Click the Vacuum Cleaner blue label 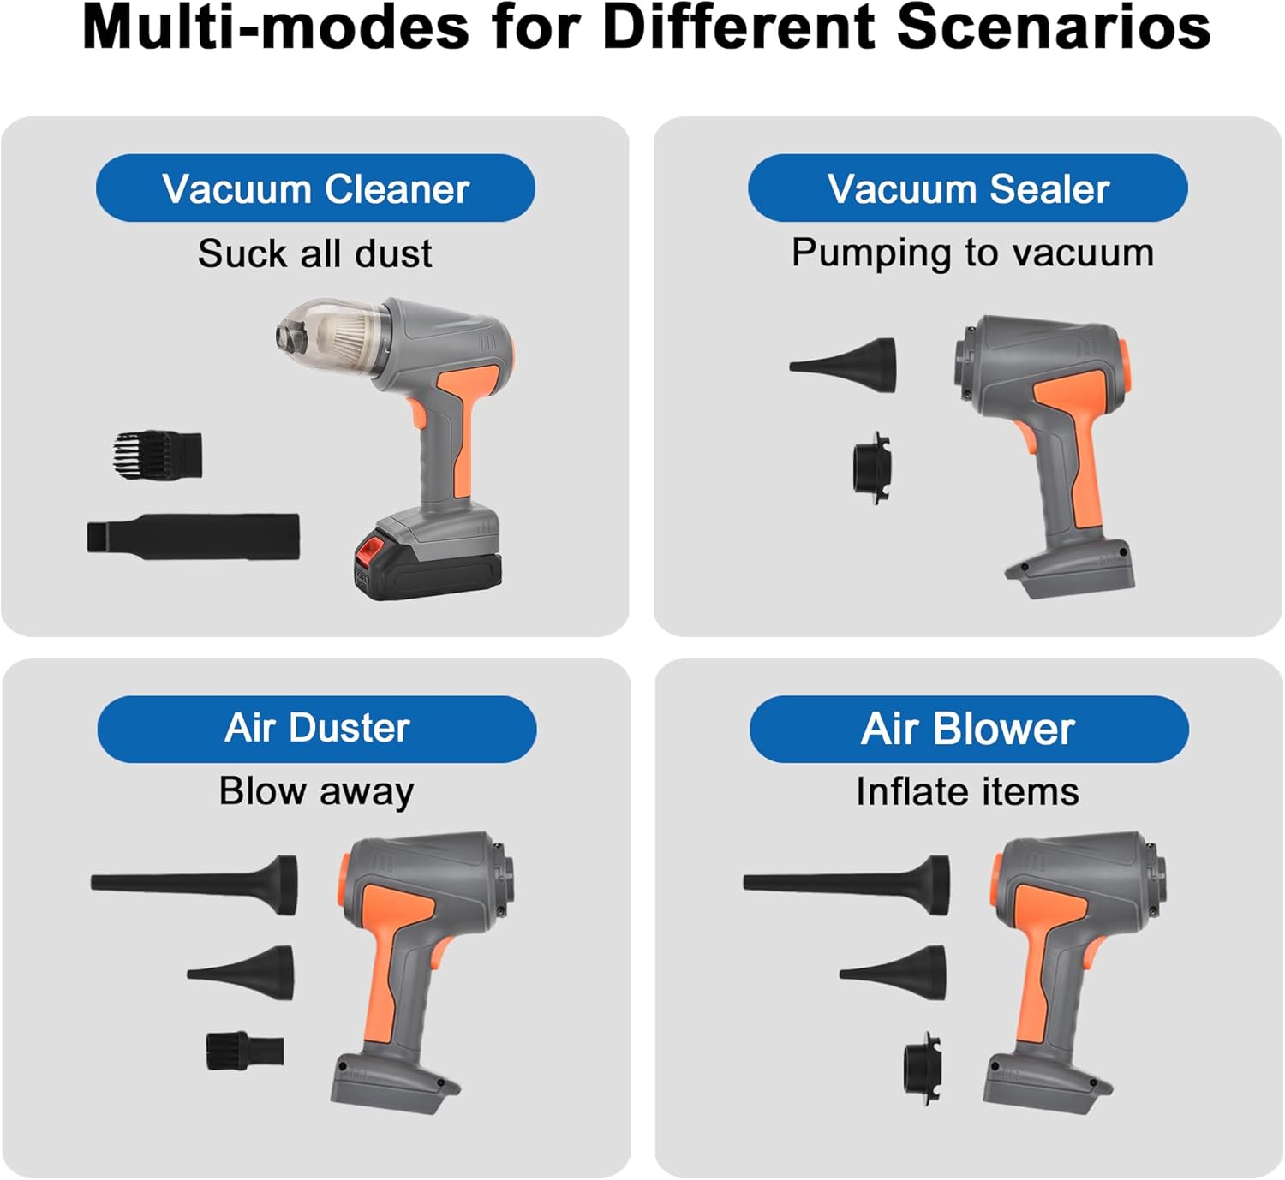315,188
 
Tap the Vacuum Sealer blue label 968,188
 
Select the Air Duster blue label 316,729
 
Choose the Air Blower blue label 969,729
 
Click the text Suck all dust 314,253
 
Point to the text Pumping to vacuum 973,254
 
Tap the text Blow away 316,792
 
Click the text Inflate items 968,792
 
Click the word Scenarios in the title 1054,28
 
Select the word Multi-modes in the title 276,28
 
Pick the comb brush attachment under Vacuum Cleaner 158,455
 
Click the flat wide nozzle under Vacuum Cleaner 194,536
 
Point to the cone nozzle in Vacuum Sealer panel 843,365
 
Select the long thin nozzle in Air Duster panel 194,884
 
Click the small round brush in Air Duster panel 245,1051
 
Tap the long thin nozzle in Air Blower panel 847,884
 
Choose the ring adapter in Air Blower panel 923,1069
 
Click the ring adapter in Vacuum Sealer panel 872,468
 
